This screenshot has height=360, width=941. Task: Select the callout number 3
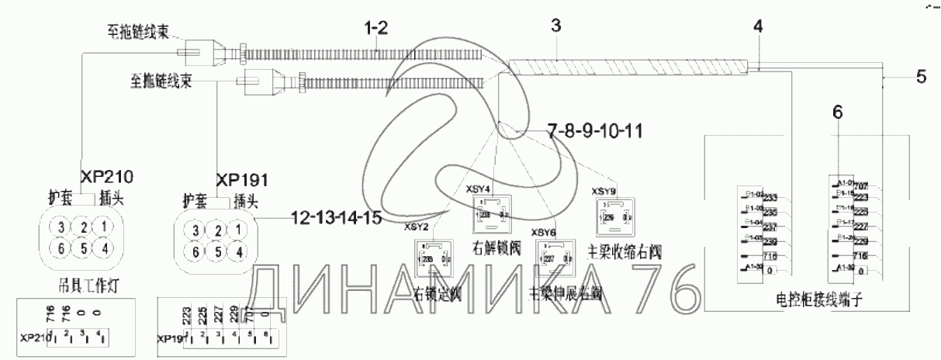pos(555,26)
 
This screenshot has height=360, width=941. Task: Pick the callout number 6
pos(835,113)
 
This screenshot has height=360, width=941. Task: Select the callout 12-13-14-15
pos(337,218)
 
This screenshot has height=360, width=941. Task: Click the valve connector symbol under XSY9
pos(612,217)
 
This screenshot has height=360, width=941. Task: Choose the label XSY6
pos(542,231)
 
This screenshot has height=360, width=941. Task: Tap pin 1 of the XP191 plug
pos(240,230)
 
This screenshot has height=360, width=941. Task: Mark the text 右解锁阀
pos(493,249)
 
